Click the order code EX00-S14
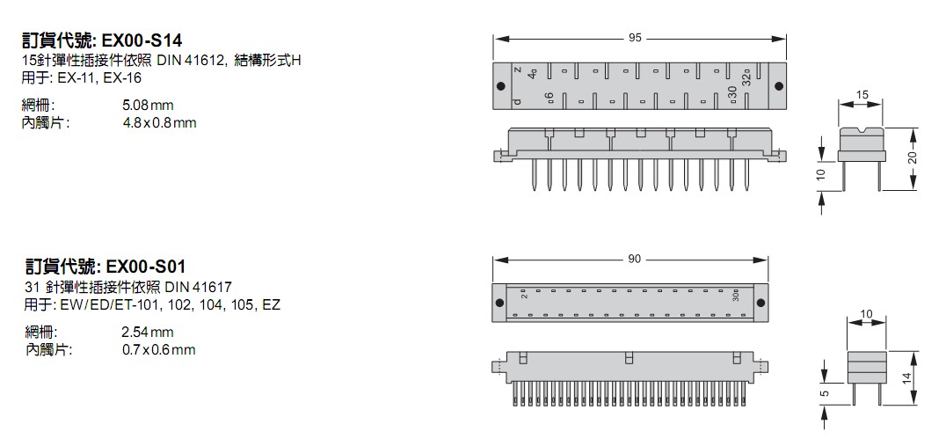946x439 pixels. coord(144,40)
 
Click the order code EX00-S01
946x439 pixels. coord(144,266)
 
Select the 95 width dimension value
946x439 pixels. coord(635,38)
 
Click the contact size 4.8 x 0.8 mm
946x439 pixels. coord(159,122)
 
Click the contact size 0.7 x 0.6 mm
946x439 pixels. coord(159,349)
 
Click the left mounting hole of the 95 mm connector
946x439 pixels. coord(501,85)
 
